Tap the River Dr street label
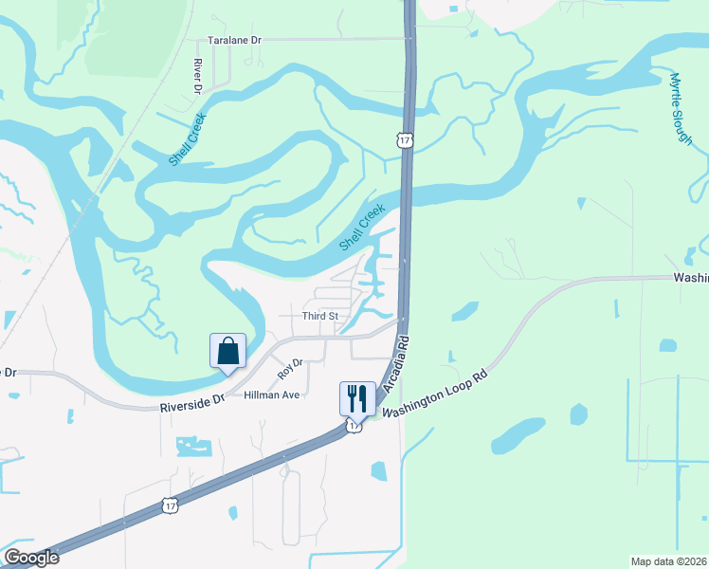pos(198,75)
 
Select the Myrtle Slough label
pos(681,108)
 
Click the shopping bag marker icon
pos(227,351)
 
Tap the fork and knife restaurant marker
pos(357,396)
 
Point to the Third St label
pos(319,316)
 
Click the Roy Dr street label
pos(290,369)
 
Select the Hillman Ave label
pos(271,395)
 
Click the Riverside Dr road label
pos(192,402)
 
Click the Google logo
pos(31,558)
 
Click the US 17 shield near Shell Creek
pos(405,140)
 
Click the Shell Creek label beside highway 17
pos(362,228)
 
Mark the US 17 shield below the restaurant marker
pos(354,426)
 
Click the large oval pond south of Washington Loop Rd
pos(518,435)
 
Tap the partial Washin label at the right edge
pos(690,278)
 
